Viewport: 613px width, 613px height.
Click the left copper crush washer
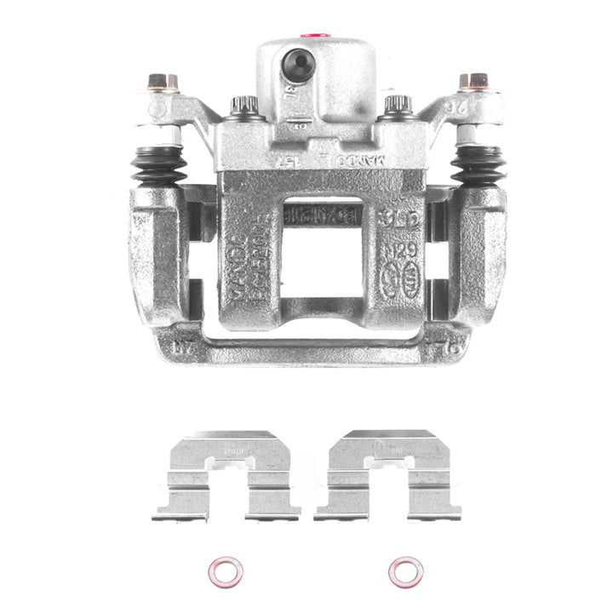coord(225,571)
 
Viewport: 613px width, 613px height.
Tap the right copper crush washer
coord(405,571)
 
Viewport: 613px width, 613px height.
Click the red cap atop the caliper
coord(315,37)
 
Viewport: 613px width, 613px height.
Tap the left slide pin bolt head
coord(163,83)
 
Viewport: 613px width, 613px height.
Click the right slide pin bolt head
coord(474,83)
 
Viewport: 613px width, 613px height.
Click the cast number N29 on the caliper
coord(392,251)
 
